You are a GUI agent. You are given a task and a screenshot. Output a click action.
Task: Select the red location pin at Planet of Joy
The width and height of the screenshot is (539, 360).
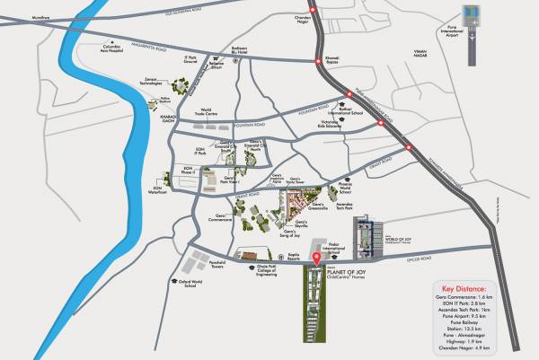pos(315,260)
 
